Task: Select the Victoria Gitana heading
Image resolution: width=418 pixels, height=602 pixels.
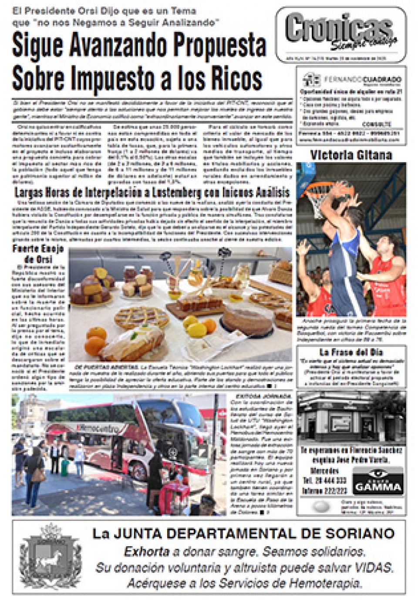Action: (351, 155)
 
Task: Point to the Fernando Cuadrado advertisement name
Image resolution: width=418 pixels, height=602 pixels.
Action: (363, 80)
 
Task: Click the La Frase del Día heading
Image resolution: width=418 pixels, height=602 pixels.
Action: (351, 352)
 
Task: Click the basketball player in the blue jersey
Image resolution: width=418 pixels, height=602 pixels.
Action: (344, 248)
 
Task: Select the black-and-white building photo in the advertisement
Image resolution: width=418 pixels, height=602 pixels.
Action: (351, 418)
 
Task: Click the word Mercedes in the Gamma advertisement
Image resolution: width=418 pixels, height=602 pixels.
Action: (324, 471)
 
